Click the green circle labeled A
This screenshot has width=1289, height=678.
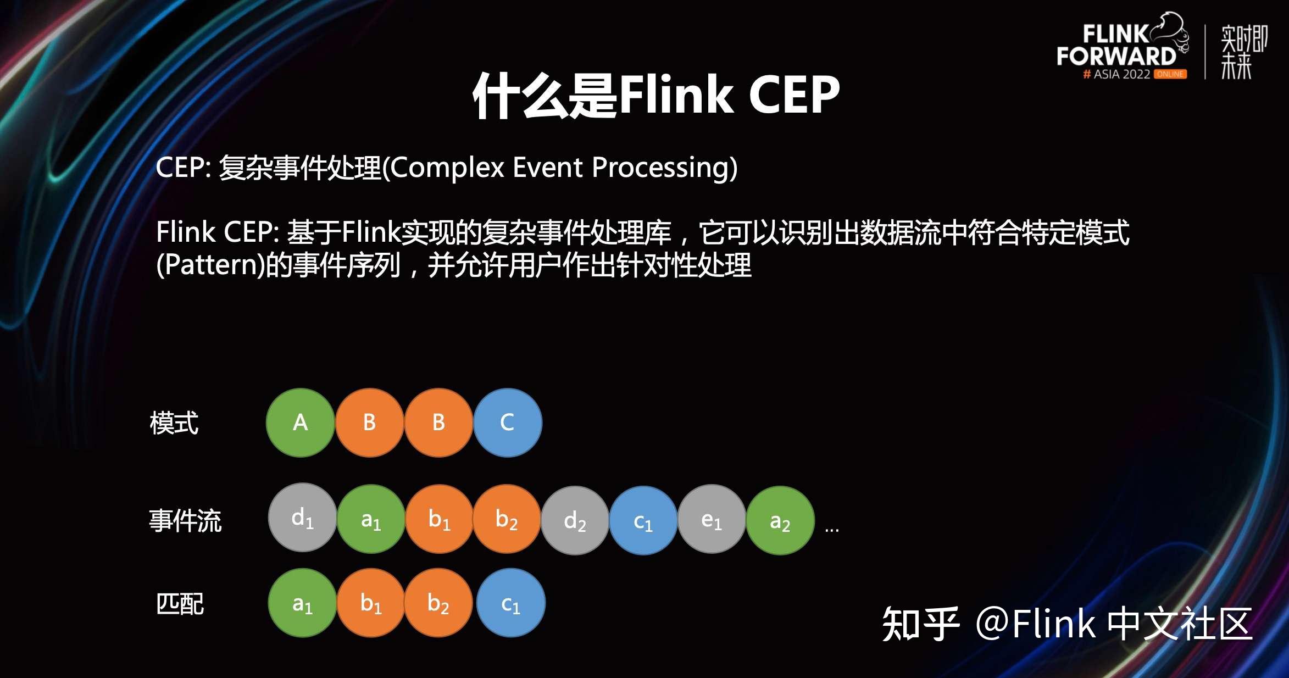300,423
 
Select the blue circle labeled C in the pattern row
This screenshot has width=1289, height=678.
507,423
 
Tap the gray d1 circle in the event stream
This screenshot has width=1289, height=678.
302,518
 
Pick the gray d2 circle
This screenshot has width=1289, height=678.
575,520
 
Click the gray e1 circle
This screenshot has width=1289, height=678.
712,519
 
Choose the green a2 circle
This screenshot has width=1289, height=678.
780,520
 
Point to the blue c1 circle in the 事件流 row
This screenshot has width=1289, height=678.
643,520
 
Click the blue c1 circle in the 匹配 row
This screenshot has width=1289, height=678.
510,603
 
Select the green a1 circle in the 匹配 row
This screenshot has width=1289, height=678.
302,603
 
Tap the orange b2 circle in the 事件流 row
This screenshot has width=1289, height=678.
506,519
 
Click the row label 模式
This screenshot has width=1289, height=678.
174,423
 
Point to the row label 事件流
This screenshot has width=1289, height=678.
185,520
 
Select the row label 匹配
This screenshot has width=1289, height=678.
180,604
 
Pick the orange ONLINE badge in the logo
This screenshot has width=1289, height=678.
1170,74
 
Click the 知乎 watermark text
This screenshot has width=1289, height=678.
920,624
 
